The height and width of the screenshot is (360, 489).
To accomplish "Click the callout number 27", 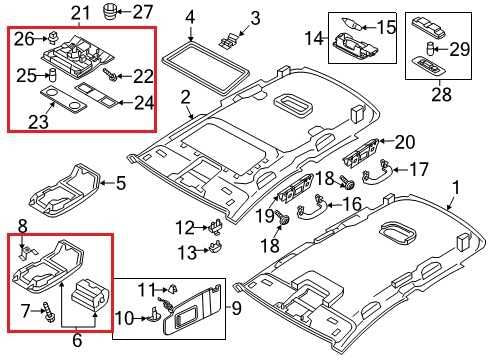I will (144, 12).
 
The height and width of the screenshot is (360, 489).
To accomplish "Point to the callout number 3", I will (255, 18).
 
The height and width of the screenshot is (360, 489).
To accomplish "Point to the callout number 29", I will (460, 47).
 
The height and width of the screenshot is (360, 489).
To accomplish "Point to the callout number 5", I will (148, 182).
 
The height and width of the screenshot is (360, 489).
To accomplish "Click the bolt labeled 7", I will (47, 311).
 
